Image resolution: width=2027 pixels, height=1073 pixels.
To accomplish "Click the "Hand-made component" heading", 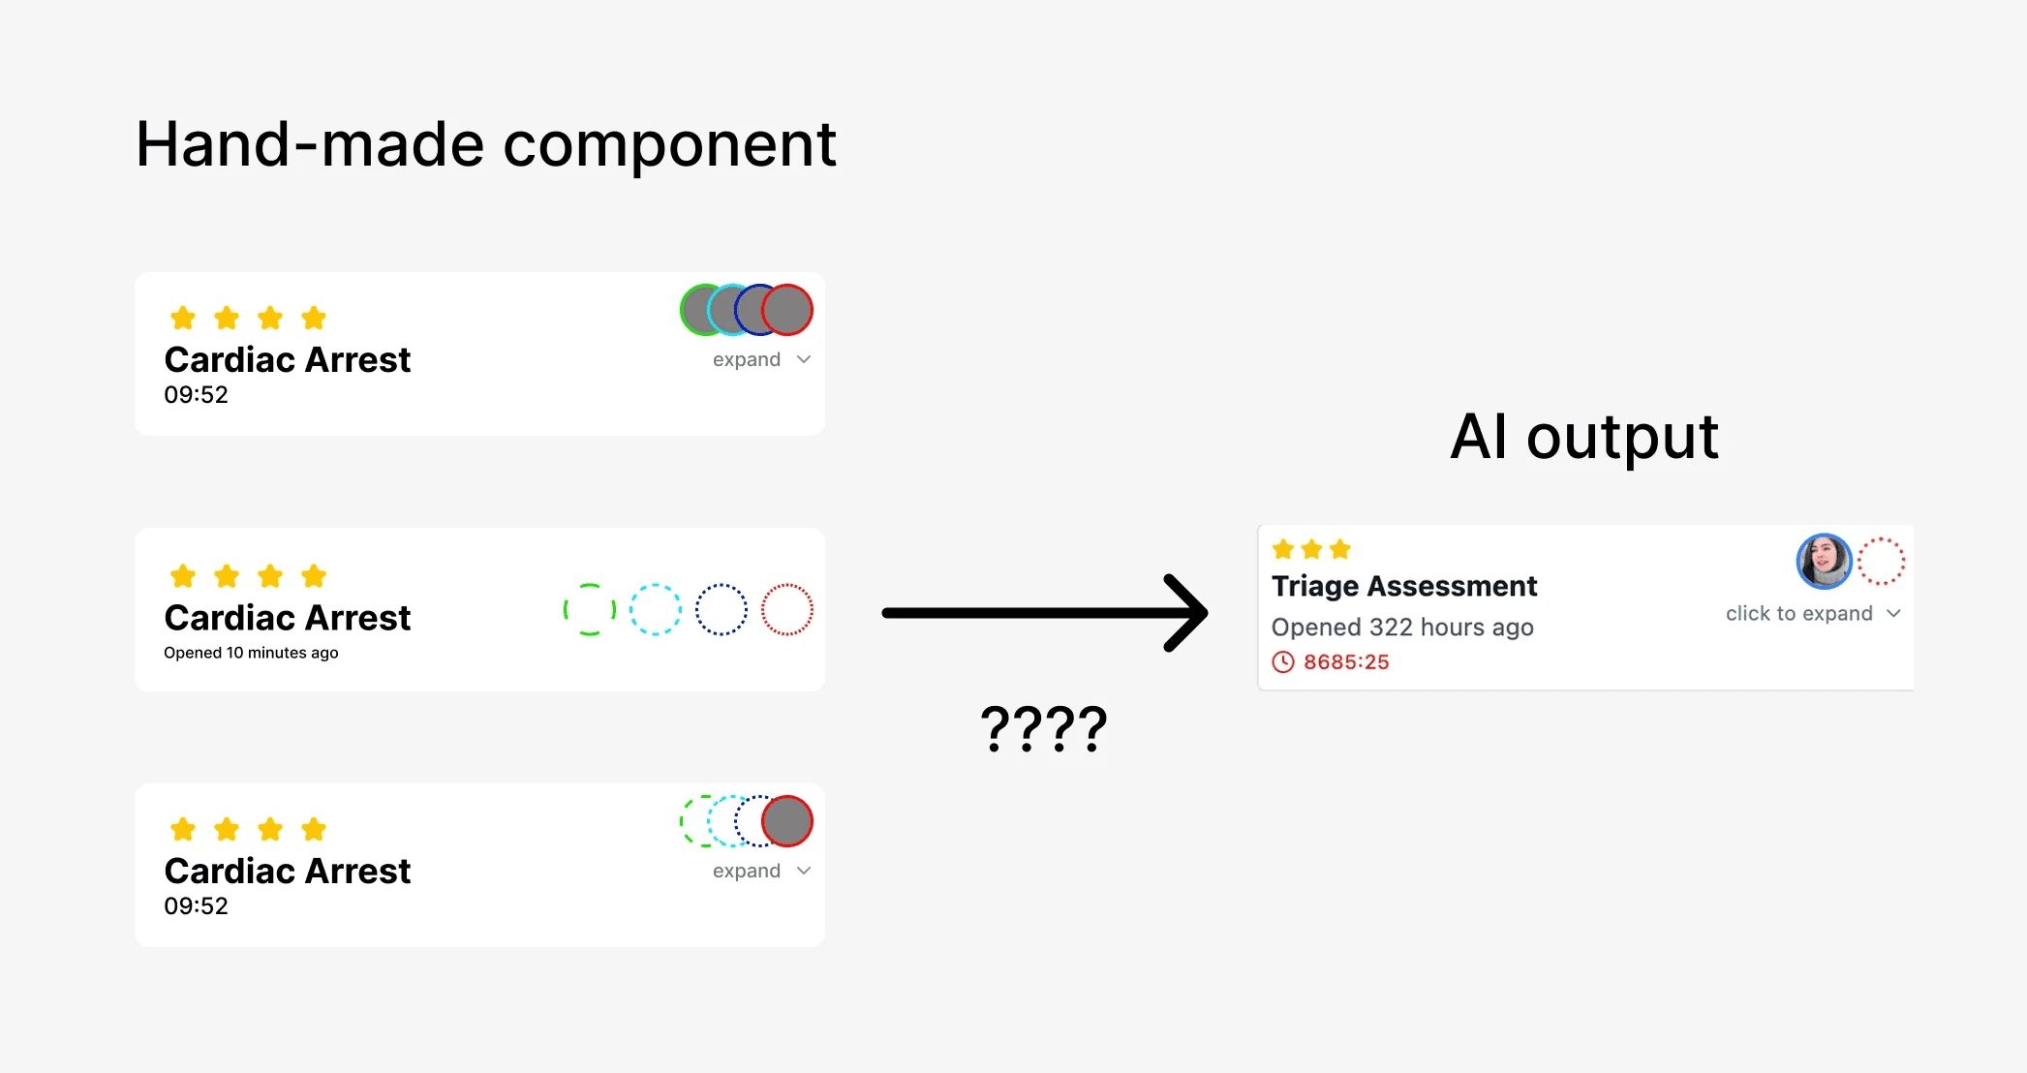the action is pos(485,145).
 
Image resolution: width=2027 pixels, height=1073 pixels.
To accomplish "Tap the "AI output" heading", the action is pos(1583,438).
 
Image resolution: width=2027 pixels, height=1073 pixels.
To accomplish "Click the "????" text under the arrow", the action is pos(1043,728).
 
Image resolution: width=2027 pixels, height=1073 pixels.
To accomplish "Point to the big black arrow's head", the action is pos(1187,613).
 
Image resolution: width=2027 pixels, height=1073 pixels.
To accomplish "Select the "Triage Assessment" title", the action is pos(1403,586).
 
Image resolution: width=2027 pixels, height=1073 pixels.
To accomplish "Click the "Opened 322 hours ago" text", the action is pos(1401,628).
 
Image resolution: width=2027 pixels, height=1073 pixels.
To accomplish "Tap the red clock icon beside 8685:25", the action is pos(1282,662).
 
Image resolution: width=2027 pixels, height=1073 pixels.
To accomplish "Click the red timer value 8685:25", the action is pos(1345,662).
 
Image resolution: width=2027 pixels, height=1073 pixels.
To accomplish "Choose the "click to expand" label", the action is pos(1798,614).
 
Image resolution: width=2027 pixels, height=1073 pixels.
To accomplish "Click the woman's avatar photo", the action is pos(1824,561).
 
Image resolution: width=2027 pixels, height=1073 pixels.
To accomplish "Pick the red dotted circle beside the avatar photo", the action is pos(1881,562).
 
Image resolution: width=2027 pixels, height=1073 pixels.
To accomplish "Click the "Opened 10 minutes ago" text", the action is pos(251,653).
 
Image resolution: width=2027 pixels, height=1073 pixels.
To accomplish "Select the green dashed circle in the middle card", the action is pos(590,610).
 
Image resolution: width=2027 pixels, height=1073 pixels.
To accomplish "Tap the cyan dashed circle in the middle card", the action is pos(656,610).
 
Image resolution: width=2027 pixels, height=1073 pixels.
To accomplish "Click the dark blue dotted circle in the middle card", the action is pos(722,610).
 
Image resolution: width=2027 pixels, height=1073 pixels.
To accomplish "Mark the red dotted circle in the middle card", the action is pos(787,610).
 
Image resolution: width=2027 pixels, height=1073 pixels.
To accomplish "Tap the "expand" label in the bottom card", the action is pos(746,871).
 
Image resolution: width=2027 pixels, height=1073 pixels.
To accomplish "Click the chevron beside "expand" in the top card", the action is pos(804,359).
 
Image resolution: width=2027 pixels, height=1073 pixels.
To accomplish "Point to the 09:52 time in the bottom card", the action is pos(196,906).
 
